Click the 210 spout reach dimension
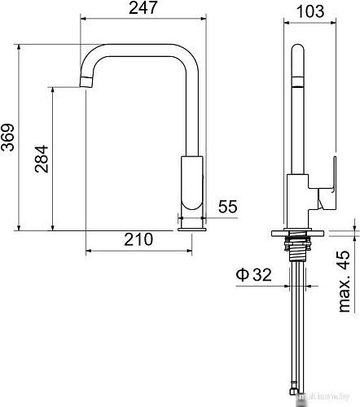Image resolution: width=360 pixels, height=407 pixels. tap(139, 239)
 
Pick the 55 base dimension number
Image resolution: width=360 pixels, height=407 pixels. tap(227, 207)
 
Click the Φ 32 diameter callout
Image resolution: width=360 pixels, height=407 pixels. tap(254, 275)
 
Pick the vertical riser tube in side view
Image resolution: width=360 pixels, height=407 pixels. tap(192, 106)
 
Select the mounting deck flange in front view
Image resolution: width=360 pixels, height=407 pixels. tap(299, 231)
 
